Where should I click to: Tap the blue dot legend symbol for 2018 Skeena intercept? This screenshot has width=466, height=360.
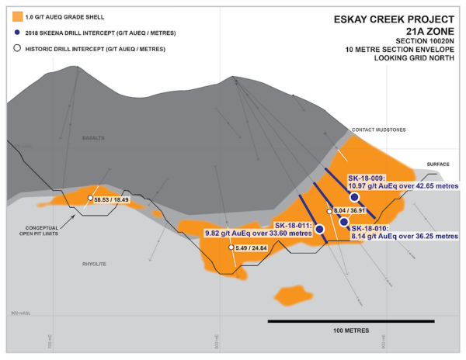(x=17, y=33)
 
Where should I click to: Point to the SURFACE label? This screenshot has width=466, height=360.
(x=439, y=164)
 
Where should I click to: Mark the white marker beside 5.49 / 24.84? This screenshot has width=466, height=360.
(x=231, y=247)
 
